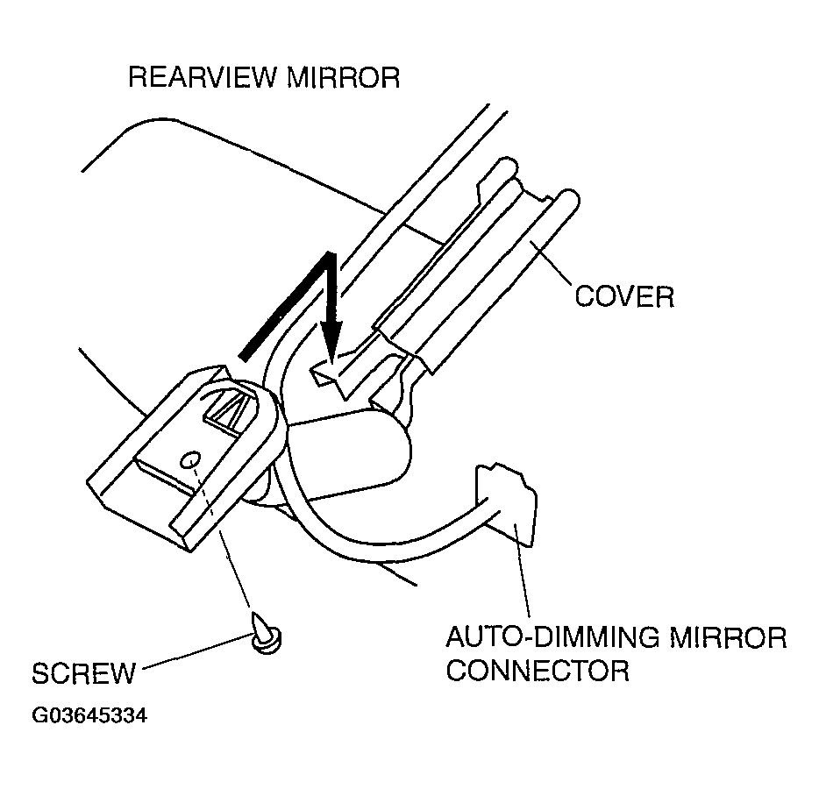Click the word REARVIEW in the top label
[203, 77]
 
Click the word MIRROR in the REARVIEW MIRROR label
[343, 77]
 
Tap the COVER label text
[624, 296]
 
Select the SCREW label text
[83, 673]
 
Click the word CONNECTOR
[538, 670]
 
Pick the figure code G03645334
[89, 715]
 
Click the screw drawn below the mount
[265, 633]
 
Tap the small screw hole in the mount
[189, 460]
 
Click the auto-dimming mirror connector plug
[506, 504]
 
